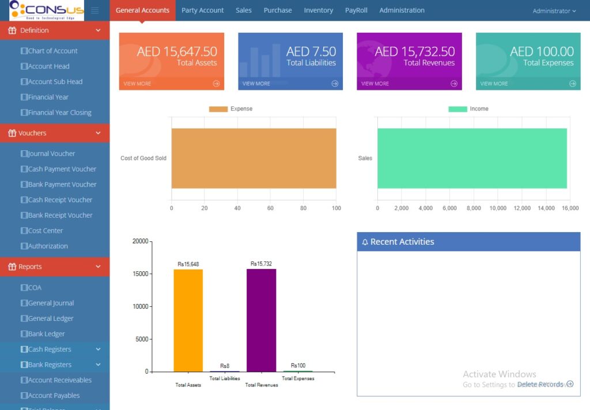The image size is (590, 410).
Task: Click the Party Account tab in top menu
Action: [x=202, y=10]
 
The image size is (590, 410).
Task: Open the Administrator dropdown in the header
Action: [x=554, y=11]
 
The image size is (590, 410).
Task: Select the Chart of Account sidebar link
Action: [x=52, y=51]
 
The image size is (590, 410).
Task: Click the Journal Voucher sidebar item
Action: [x=51, y=154]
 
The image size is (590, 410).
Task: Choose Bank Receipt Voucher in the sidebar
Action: [x=60, y=215]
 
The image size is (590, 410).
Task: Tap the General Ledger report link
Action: [x=51, y=318]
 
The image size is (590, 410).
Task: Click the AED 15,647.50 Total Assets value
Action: [x=177, y=52]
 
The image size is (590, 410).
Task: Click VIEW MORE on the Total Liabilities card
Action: [x=256, y=83]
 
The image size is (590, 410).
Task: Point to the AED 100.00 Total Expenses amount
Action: [x=542, y=52]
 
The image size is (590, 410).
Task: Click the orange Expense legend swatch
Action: [x=218, y=109]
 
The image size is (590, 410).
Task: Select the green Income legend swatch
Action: [x=457, y=109]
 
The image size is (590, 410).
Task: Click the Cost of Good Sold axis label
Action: [x=143, y=158]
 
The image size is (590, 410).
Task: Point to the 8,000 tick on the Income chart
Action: [x=474, y=208]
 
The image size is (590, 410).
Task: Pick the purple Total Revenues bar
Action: [x=261, y=320]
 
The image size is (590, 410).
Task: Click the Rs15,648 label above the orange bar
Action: [x=188, y=264]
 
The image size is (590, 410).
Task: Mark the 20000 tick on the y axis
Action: [x=141, y=241]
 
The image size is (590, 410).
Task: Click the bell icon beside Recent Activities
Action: [x=365, y=242]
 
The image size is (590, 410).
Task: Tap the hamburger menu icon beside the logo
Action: [x=95, y=10]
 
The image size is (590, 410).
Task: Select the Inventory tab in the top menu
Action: [x=318, y=10]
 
